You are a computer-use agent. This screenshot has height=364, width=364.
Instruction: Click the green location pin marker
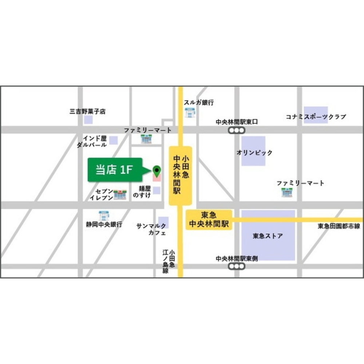coord(157,170)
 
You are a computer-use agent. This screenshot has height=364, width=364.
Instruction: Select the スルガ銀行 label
coord(199,103)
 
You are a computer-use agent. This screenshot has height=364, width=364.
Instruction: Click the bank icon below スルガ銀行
coord(190,112)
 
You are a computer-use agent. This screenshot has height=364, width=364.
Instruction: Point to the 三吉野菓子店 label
coord(87,112)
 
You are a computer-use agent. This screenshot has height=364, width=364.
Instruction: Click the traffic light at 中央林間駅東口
coord(237,131)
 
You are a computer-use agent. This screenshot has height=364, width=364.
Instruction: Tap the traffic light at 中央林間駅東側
coord(237,266)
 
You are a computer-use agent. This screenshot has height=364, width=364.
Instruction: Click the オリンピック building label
coord(254,153)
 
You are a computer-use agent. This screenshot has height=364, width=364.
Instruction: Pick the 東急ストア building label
coord(268,236)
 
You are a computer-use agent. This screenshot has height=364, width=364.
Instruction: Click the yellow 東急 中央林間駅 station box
coord(209,219)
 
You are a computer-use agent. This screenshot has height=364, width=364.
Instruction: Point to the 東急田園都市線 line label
coord(339,226)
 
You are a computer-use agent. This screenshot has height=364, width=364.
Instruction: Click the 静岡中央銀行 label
coord(104,225)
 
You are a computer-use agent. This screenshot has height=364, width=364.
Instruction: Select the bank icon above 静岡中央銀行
coord(104,215)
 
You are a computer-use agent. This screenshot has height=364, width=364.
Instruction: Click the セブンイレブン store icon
coord(120,194)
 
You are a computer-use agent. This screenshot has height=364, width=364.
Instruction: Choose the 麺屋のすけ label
coord(142,192)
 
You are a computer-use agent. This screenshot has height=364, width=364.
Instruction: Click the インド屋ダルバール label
coord(92,142)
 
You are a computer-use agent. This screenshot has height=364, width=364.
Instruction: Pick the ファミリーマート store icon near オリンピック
coord(287,192)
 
